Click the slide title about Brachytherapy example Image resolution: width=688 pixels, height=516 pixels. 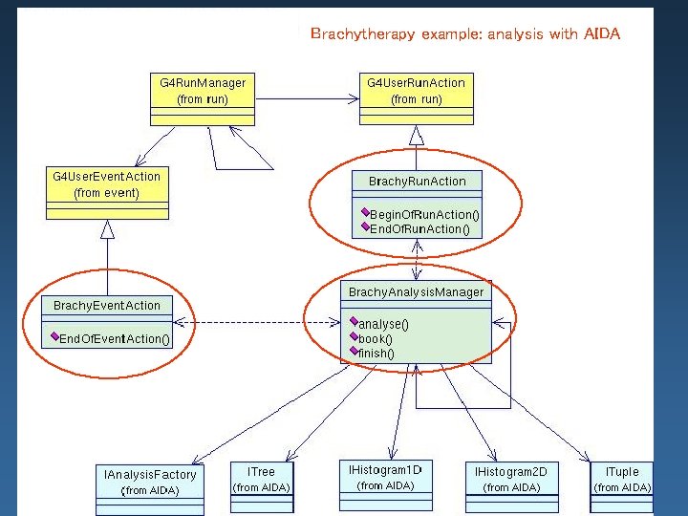tap(465, 34)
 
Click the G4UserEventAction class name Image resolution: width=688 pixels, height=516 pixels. tap(106, 177)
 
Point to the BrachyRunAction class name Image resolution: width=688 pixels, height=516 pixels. tap(417, 181)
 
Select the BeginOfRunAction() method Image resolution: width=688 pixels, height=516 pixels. tap(424, 215)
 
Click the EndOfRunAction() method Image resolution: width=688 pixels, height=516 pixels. tap(419, 229)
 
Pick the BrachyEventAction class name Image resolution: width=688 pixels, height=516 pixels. tap(107, 305)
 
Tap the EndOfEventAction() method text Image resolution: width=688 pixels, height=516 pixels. tap(115, 339)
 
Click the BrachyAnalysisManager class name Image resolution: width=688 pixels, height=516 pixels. tap(416, 291)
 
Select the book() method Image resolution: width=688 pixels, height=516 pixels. tap(375, 338)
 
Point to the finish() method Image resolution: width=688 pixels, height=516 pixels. tap(376, 353)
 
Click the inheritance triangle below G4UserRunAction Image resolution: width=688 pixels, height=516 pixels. tap(416, 135)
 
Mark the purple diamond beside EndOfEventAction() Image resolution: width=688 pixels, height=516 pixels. tap(55, 337)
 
